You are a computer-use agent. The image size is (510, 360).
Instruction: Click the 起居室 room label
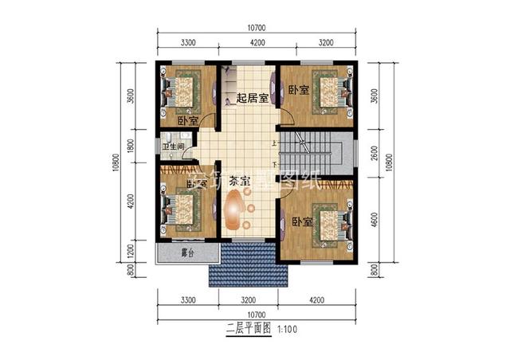point(251,99)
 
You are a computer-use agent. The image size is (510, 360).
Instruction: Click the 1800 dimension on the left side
point(131,147)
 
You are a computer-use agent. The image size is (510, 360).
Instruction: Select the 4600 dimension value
point(375,217)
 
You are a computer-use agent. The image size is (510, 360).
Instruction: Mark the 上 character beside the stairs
point(275,144)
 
